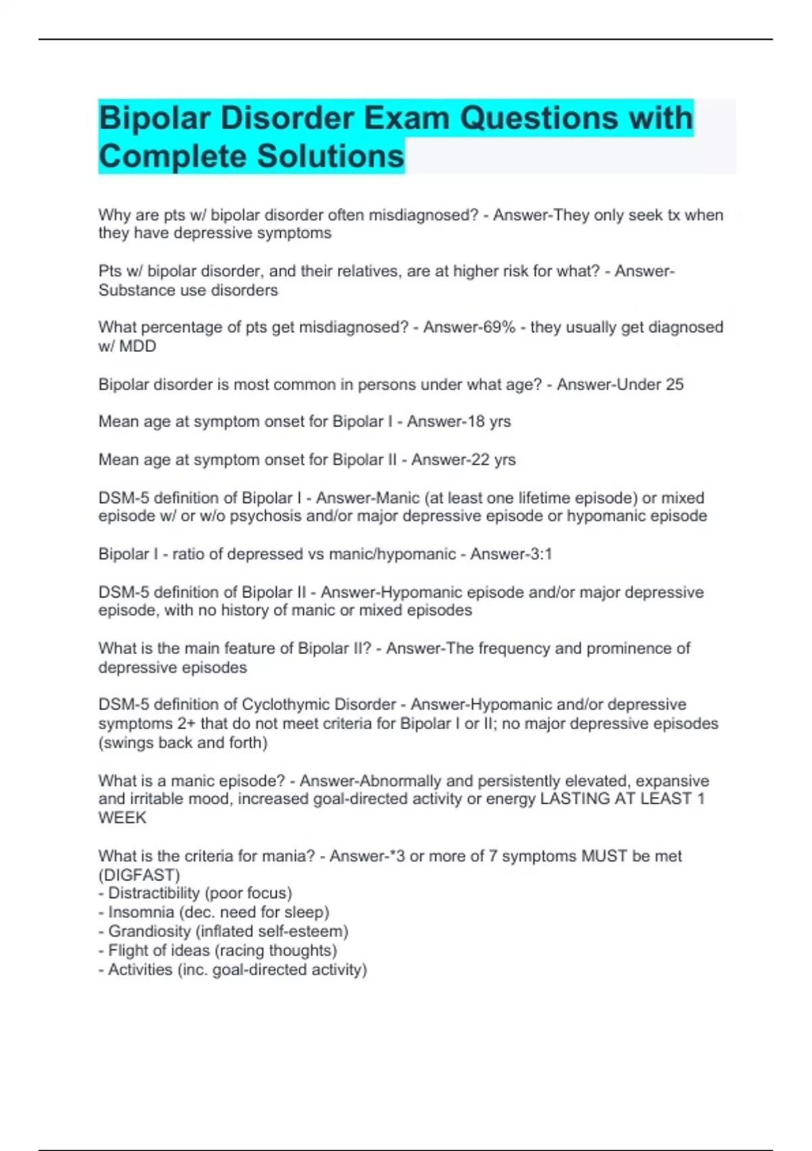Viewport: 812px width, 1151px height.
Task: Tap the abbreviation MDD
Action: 137,347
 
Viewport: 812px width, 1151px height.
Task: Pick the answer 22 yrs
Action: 497,460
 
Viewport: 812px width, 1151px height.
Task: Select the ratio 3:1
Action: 539,555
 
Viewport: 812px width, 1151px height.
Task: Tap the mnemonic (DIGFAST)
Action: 139,875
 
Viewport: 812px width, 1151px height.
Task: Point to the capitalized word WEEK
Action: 122,818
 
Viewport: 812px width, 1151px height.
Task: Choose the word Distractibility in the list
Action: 154,894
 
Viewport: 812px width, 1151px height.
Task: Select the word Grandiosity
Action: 150,932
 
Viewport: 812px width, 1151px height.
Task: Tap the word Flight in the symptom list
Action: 127,951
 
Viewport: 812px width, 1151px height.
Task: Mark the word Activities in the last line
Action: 140,970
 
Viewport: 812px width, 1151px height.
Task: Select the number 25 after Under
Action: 675,385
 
